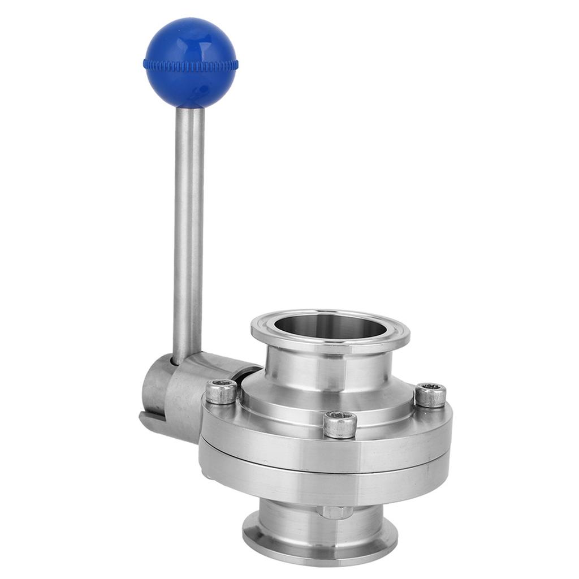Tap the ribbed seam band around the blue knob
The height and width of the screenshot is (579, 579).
191,64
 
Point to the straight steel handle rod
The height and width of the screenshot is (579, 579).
189,226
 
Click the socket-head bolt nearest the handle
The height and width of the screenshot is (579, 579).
221,392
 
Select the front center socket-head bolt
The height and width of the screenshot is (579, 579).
340,424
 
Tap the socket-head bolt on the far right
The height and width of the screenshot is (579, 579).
431,395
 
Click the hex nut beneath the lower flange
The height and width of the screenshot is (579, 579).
335,512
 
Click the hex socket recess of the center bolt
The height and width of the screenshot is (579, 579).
340,416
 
